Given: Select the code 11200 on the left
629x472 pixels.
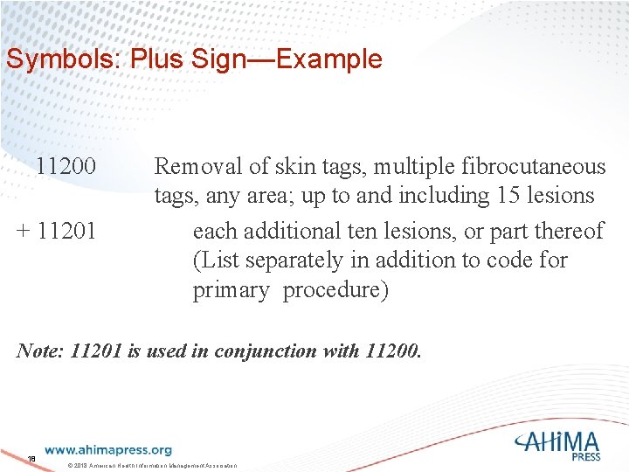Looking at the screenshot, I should click(66, 166).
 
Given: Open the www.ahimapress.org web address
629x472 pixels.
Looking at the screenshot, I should click(108, 450).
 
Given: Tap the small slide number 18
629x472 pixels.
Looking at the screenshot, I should click(31, 457).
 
